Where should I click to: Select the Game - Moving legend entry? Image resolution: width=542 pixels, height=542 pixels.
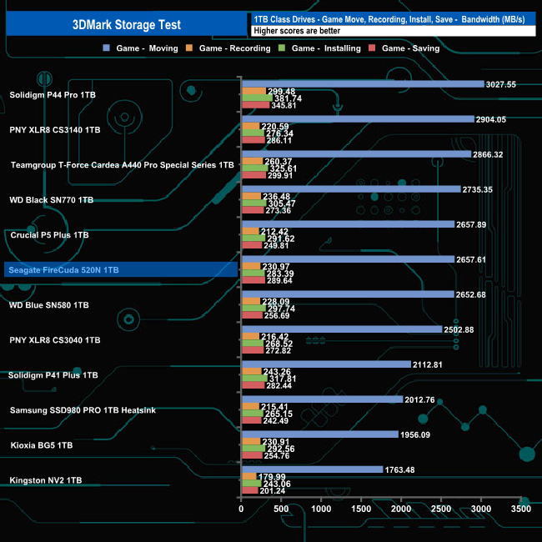coord(146,48)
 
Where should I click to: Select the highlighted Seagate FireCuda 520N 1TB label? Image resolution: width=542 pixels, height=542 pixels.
coord(65,270)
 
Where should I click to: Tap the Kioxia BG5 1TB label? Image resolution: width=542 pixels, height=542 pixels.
coord(42,445)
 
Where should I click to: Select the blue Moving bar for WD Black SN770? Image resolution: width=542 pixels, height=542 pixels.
coord(350,189)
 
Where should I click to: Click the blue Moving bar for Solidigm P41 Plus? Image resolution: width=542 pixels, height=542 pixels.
coord(326,364)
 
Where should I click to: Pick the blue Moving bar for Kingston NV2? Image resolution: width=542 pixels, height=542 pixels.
coord(312,469)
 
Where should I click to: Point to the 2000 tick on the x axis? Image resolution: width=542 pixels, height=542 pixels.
coord(401,509)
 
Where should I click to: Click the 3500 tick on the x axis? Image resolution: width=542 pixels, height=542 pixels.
coord(520,509)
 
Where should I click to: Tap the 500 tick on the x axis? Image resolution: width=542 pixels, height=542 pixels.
coord(281,509)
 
